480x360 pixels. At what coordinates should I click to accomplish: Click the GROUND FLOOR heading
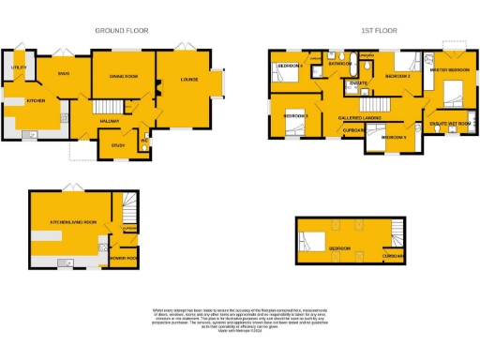click(122, 31)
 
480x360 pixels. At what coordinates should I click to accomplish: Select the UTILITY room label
click(18, 68)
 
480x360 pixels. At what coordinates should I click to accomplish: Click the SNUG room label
click(64, 72)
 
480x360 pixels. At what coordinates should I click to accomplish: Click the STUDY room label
click(117, 145)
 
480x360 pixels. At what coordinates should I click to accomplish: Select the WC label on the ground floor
click(143, 142)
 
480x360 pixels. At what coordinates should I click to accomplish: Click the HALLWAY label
click(109, 120)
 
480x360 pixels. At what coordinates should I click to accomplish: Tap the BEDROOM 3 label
click(295, 115)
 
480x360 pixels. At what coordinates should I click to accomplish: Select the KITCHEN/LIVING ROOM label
click(73, 222)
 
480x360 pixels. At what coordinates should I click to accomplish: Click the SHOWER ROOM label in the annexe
click(124, 257)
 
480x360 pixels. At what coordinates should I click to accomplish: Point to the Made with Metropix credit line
click(240, 331)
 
